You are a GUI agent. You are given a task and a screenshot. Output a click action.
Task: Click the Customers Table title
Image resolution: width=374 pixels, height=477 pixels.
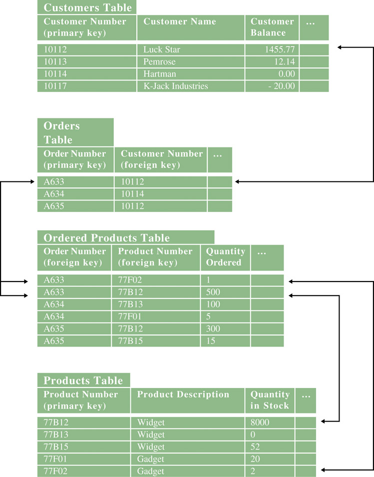click(88, 7)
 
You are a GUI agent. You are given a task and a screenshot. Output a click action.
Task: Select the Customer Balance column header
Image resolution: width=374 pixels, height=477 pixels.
click(272, 27)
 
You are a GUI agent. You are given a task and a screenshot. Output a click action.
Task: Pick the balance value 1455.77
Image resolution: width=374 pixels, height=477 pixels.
click(280, 49)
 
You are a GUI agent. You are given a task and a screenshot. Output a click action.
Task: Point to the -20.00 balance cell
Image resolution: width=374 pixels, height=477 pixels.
click(282, 86)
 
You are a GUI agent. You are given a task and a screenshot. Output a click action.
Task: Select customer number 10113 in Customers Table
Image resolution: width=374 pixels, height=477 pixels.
click(55, 62)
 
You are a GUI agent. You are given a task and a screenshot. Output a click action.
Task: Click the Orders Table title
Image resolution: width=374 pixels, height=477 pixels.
click(62, 132)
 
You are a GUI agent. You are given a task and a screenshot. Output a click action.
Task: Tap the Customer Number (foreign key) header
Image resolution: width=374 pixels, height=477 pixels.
click(162, 159)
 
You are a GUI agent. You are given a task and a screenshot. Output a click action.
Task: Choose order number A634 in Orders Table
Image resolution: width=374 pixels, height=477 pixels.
click(54, 194)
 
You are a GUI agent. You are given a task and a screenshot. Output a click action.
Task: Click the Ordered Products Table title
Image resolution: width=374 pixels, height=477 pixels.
click(107, 237)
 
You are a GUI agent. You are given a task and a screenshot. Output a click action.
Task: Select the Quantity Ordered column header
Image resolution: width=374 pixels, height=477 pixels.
click(225, 257)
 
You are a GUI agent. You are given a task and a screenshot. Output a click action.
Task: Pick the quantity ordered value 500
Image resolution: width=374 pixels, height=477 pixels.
click(213, 292)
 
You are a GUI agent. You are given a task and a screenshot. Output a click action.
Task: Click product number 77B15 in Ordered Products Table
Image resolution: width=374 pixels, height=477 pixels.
click(130, 341)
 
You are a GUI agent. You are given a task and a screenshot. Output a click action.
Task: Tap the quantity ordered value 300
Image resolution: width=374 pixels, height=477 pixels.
click(213, 329)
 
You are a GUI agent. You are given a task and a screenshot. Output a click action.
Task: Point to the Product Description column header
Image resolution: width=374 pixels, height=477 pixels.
click(183, 394)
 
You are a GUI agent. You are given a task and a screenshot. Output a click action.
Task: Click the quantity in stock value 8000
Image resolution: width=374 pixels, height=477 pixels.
click(260, 422)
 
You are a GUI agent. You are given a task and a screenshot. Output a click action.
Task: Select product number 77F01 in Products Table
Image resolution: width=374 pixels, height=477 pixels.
click(55, 459)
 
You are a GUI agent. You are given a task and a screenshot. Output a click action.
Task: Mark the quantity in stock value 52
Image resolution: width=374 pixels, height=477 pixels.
click(255, 447)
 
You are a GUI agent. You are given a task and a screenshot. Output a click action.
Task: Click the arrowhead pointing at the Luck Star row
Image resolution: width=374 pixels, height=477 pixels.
click(340, 47)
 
